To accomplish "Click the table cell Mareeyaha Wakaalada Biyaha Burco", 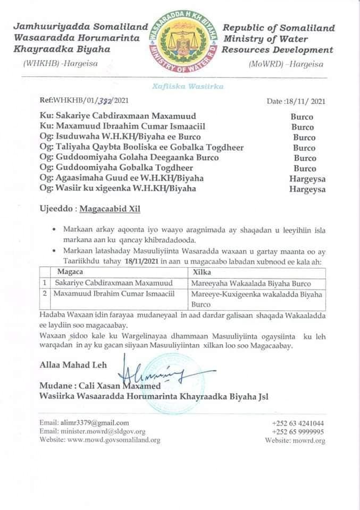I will click(x=252, y=283).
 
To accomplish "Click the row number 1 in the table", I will click(x=45, y=283).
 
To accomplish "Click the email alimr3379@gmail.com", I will click(x=77, y=423).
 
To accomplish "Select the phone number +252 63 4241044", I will click(x=298, y=423).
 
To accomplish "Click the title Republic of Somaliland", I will click(x=279, y=29).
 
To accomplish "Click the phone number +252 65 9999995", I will click(x=298, y=432).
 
